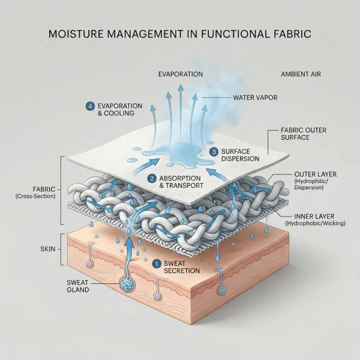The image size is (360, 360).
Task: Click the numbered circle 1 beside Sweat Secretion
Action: pos(157,264)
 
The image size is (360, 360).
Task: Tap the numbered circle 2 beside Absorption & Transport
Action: pos(152,179)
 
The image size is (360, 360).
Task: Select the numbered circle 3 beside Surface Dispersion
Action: pos(214,152)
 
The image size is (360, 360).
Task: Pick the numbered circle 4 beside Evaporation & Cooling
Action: pos(90,106)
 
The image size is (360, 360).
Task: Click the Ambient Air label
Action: pos(301,74)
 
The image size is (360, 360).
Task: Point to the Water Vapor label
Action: pos(256,98)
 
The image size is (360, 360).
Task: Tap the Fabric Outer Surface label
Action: pos(304,134)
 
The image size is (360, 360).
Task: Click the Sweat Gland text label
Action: pos(78,286)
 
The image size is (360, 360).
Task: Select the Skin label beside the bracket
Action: pos(48,249)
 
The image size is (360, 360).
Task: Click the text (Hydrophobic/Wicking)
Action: pos(315,223)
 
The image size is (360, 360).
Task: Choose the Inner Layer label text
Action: pos(314,216)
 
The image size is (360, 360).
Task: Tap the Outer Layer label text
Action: pos(315,174)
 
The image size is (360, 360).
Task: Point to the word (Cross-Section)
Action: pos(35,196)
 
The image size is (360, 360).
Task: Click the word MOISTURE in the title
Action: pos(76,34)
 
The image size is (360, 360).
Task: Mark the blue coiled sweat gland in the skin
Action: pos(127,284)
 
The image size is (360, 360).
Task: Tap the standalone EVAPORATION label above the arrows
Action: pos(181,74)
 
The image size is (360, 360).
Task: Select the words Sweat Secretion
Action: pos(182,267)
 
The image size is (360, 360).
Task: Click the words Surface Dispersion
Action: pos(240,155)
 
